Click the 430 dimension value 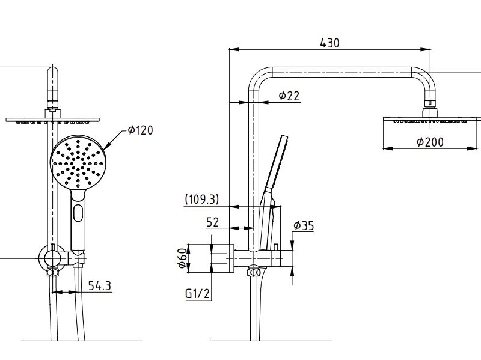[329, 43]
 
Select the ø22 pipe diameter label [289, 96]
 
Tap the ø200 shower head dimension [429, 142]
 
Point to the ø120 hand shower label [140, 130]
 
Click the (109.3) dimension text [202, 199]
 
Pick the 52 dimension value [212, 222]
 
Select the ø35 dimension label [304, 226]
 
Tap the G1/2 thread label [197, 294]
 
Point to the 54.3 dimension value [100, 286]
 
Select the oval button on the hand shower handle [78, 212]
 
